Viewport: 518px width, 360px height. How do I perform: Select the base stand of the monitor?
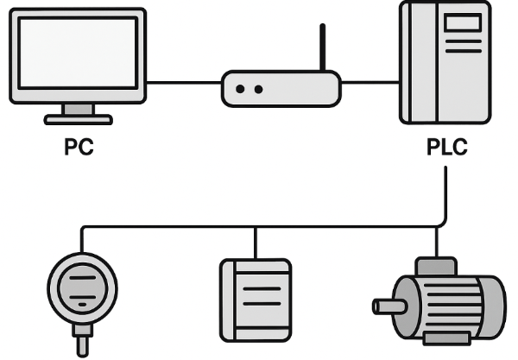pyautogui.click(x=79, y=117)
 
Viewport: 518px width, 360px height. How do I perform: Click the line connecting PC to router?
pyautogui.click(x=184, y=83)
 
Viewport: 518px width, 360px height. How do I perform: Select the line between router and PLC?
pyautogui.click(x=370, y=83)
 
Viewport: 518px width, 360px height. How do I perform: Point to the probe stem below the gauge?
pyautogui.click(x=83, y=344)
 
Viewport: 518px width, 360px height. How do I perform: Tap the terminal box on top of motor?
pyautogui.click(x=437, y=267)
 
